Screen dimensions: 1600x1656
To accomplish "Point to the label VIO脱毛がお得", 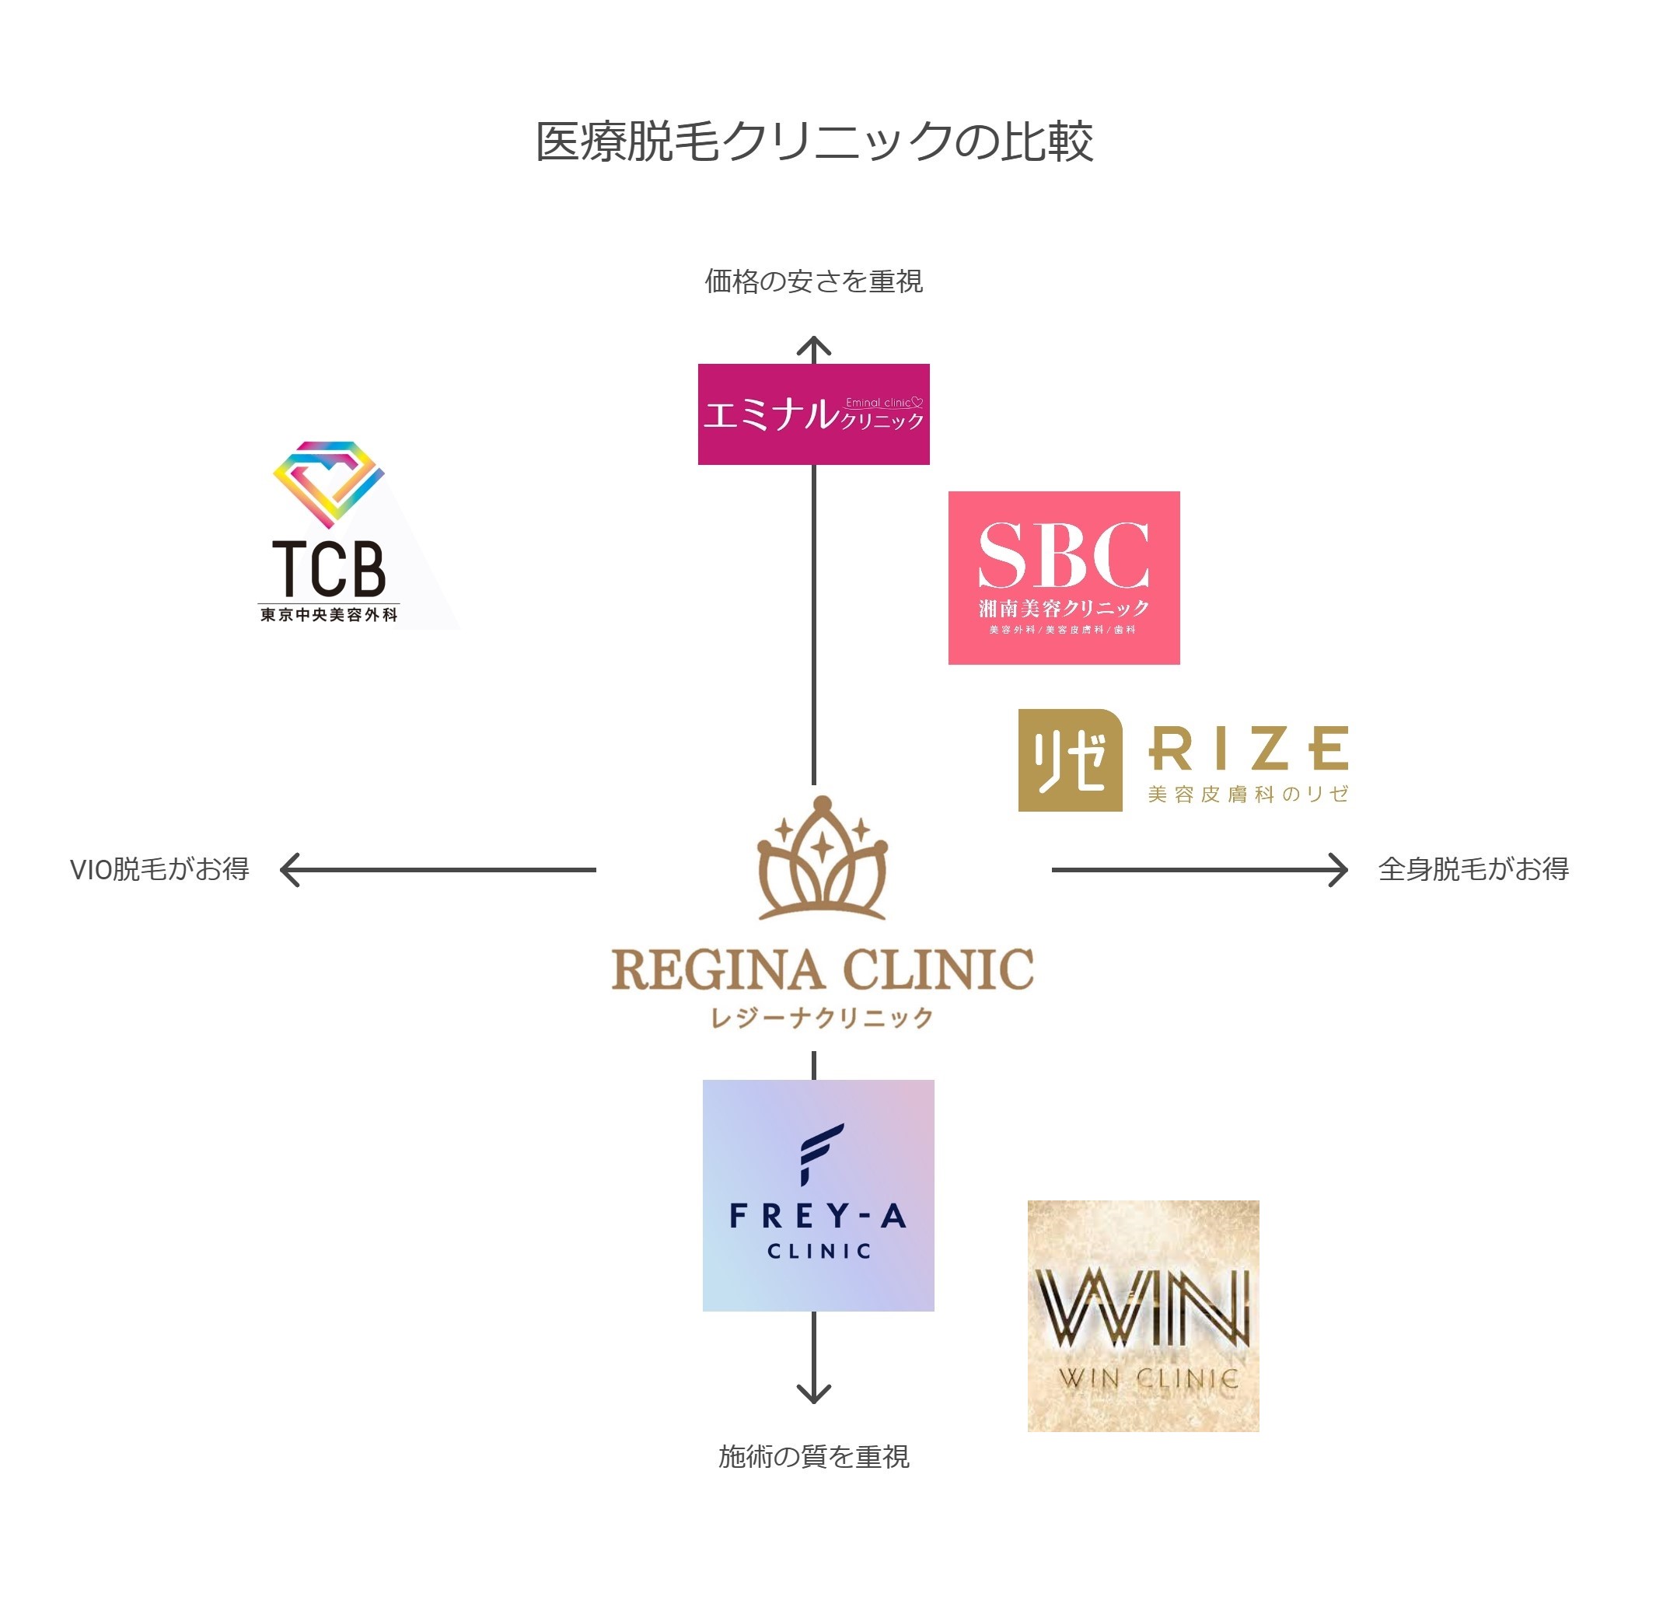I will tap(159, 869).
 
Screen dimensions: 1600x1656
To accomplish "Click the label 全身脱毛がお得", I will tap(1473, 869).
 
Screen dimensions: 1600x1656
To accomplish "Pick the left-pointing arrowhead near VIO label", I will tap(289, 870).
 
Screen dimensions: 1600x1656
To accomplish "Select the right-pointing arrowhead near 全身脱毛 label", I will tap(1338, 870).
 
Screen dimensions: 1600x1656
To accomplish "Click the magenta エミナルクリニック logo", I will tap(814, 414).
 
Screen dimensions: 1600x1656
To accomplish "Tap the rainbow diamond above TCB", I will tap(329, 481).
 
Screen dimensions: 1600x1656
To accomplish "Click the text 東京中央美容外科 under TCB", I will tap(329, 615).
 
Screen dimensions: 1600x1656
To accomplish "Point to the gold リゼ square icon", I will tap(1070, 760).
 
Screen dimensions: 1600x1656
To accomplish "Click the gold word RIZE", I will tap(1248, 749).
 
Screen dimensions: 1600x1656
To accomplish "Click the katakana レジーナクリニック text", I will tap(822, 1018).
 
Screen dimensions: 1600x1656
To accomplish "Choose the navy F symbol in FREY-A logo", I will tap(819, 1154).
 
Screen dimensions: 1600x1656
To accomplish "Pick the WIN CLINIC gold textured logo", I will tap(1142, 1316).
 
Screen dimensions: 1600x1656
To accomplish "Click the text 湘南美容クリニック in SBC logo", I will tap(1064, 608).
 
